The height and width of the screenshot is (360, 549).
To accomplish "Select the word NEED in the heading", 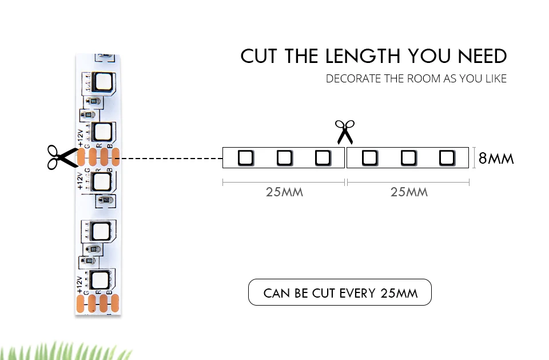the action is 482,56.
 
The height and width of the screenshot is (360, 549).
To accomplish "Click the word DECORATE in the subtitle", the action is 353,78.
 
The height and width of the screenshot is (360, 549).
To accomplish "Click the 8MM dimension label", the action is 496,158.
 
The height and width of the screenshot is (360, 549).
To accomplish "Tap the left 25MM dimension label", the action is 284,192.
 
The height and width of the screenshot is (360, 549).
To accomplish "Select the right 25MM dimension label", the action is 409,192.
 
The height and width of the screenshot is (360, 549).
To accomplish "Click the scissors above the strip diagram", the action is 345,132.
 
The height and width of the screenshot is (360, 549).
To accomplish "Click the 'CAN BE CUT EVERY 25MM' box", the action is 340,293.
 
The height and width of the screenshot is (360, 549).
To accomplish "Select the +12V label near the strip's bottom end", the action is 80,284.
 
